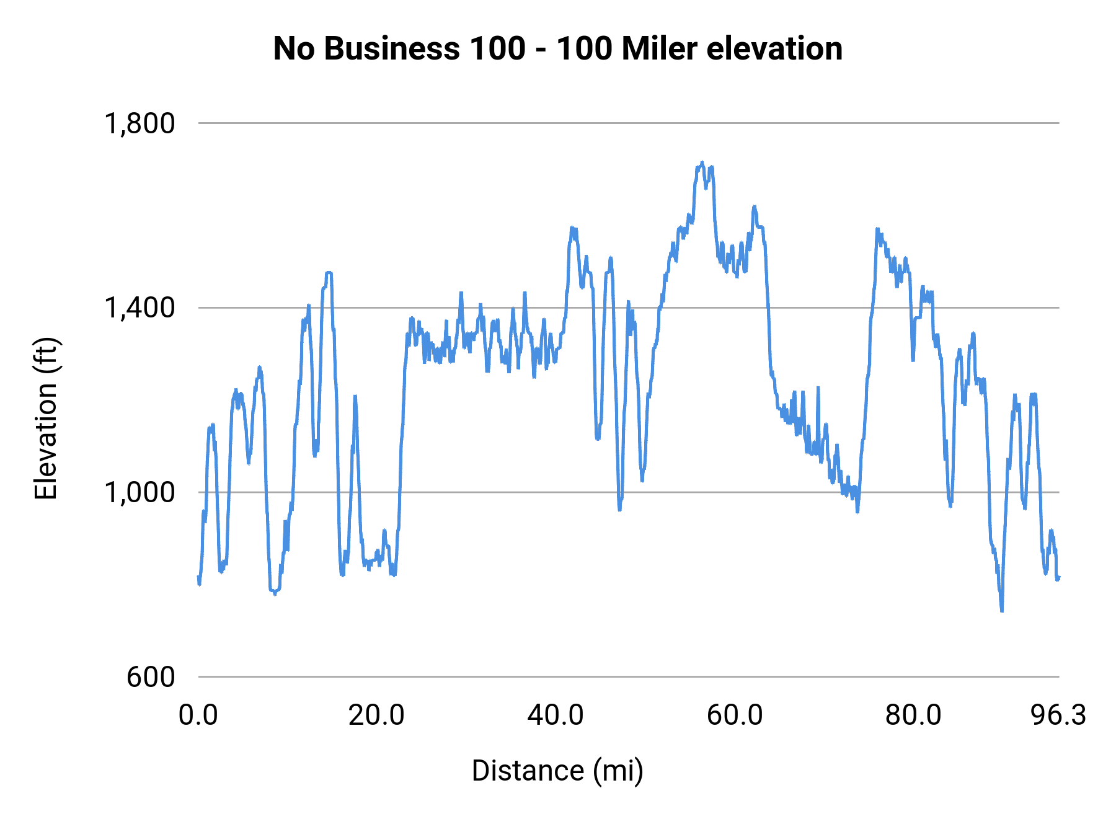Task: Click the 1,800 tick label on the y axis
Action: [x=140, y=123]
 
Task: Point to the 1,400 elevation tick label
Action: [x=140, y=308]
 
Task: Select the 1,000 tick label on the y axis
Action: [x=140, y=492]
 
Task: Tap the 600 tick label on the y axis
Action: [x=151, y=677]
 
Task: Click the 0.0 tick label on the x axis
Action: [x=198, y=715]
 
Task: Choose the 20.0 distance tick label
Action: [x=376, y=715]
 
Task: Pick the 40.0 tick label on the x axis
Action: [x=556, y=715]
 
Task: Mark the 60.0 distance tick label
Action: [x=735, y=715]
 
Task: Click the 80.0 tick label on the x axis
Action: [x=913, y=715]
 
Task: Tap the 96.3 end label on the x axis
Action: [x=1058, y=715]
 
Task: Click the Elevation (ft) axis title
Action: [x=46, y=419]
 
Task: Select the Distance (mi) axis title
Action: [x=557, y=771]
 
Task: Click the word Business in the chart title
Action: [x=392, y=48]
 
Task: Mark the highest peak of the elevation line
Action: [x=702, y=162]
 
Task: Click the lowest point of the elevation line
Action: [x=1002, y=611]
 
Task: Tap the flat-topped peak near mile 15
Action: [x=329, y=272]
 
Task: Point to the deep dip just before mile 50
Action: [x=619, y=508]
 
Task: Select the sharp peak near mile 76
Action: [x=877, y=229]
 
